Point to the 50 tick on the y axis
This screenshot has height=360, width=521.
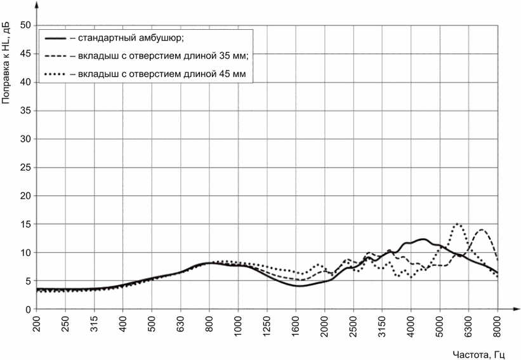click(x=26, y=25)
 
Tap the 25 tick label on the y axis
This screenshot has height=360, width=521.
click(x=26, y=168)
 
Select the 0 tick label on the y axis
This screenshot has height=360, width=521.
click(x=29, y=309)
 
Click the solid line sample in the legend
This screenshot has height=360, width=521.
click(x=55, y=39)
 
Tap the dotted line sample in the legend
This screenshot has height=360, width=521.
click(x=55, y=74)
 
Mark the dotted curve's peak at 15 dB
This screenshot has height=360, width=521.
click(x=457, y=224)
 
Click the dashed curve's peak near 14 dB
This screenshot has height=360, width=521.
click(x=482, y=230)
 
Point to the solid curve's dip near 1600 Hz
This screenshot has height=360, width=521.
click(x=300, y=286)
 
